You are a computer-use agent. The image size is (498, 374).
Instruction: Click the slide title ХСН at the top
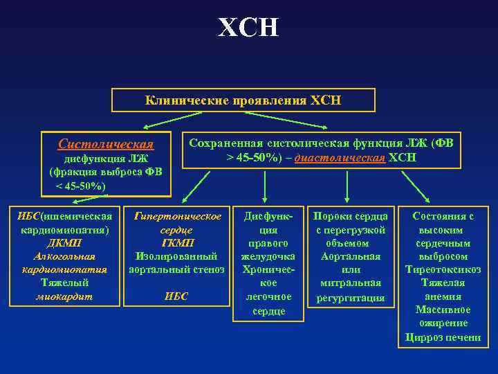coord(248,28)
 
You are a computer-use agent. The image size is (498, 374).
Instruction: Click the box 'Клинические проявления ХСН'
coord(243,100)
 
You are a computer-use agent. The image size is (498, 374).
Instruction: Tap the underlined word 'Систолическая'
coord(106,144)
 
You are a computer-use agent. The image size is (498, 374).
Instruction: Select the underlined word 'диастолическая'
coord(340,158)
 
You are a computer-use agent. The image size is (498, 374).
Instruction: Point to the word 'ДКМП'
coord(64,243)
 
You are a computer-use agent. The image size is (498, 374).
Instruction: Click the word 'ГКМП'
coord(176,243)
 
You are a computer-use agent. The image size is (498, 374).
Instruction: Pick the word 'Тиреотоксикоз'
coord(443,269)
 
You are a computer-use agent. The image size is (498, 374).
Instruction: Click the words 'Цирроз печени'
coord(443,337)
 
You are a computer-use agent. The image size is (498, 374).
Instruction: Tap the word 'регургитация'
coord(351,297)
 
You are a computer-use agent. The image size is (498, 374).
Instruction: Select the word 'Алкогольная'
coord(64,256)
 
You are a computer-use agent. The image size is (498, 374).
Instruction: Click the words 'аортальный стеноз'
coord(176,269)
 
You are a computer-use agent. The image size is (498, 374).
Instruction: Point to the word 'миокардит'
coord(64,296)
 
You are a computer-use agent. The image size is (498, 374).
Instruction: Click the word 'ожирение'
coord(443,323)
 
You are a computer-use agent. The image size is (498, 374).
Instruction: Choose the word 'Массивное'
coord(443,310)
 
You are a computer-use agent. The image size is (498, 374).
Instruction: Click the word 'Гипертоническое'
coord(176,216)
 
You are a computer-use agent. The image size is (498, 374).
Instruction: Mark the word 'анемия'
coord(443,296)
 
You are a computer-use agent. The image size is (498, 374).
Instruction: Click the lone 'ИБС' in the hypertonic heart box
coord(176,296)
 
